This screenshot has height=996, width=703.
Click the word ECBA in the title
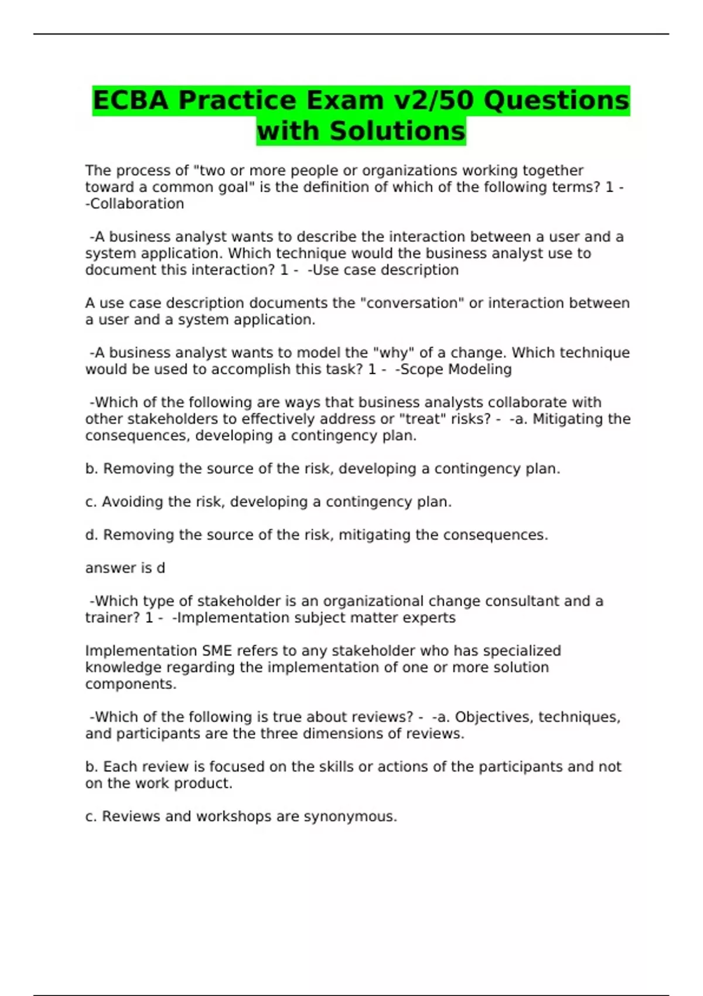[x=131, y=100]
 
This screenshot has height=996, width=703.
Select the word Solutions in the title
[x=398, y=131]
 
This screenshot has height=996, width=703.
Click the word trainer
[x=111, y=618]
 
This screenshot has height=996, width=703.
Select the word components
[x=131, y=684]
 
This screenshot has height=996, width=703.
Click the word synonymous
[x=350, y=817]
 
